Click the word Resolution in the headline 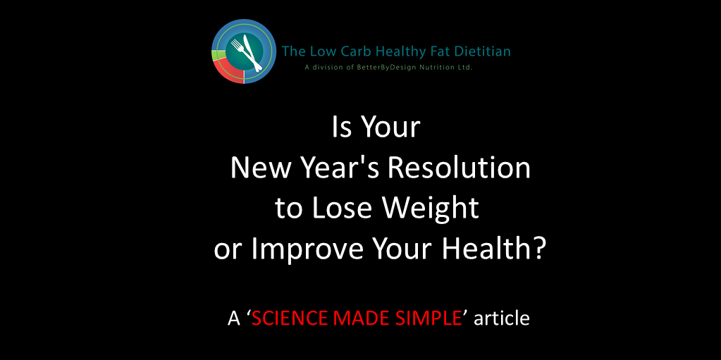tap(458, 168)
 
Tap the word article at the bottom tap(502, 318)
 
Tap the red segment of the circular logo tap(228, 69)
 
